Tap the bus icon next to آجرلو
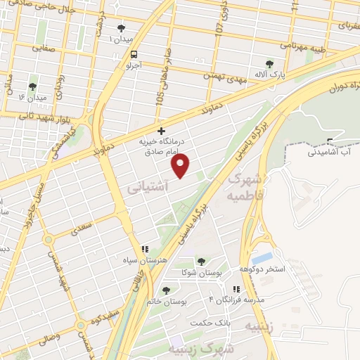click(134, 54)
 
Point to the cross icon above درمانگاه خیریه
click(161, 131)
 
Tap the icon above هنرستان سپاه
click(145, 249)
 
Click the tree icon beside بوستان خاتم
click(166, 290)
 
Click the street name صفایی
click(44, 49)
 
